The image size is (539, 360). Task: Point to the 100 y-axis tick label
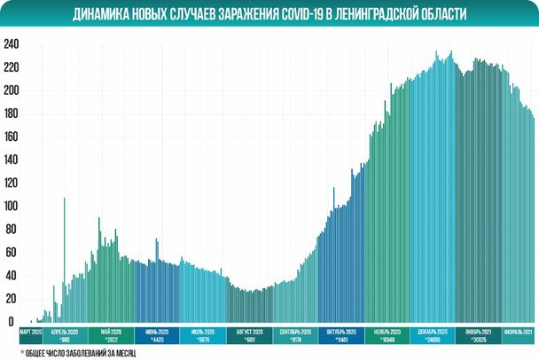pyautogui.click(x=10, y=206)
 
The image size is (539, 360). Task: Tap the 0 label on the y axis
pyautogui.click(x=12, y=322)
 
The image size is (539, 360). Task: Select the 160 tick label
pyautogui.click(x=10, y=137)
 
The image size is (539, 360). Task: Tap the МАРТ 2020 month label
pyautogui.click(x=31, y=332)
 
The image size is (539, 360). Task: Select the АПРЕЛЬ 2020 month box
pyautogui.click(x=65, y=334)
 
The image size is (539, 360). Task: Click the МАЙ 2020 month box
pyautogui.click(x=112, y=334)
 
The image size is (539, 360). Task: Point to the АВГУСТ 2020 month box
pyautogui.click(x=250, y=334)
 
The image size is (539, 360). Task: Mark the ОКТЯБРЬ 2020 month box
pyautogui.click(x=341, y=334)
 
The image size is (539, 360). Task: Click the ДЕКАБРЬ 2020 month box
pyautogui.click(x=433, y=334)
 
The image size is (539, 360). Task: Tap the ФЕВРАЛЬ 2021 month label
pyautogui.click(x=518, y=332)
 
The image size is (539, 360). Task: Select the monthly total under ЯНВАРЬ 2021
pyautogui.click(x=479, y=340)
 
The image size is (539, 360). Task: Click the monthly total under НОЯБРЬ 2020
pyautogui.click(x=387, y=340)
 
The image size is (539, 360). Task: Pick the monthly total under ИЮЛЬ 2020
pyautogui.click(x=204, y=340)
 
